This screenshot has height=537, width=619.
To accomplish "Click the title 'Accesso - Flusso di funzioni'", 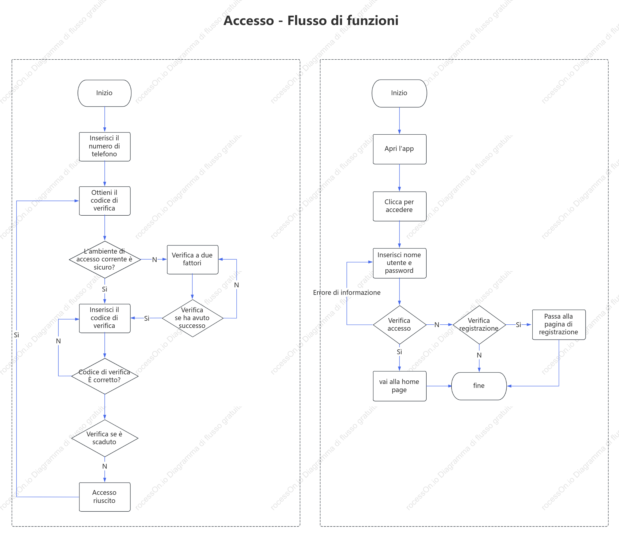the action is [311, 20].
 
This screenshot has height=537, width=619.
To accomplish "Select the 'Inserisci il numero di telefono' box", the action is [104, 147].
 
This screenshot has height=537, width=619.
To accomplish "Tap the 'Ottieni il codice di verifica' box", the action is [104, 201].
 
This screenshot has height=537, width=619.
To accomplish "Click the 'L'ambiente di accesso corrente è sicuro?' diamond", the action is [105, 259].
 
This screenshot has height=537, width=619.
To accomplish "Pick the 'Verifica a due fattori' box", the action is [192, 259].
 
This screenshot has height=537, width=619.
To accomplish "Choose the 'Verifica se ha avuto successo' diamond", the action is [192, 318].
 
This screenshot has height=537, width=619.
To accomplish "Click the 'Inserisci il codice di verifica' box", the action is [104, 318].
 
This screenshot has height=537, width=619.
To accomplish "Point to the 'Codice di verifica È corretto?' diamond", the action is [105, 376].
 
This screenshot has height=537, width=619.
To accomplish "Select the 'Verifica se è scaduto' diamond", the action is [105, 438].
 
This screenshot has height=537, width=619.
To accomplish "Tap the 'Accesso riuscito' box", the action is [104, 497].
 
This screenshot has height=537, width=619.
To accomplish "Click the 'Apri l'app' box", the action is [400, 149].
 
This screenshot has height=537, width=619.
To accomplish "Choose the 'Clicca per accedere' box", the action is [400, 206].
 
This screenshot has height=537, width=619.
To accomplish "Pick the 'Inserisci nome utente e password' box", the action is [400, 263].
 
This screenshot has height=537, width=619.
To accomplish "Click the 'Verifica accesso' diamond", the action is [400, 325].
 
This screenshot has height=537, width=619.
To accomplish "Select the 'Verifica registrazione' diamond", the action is [479, 325].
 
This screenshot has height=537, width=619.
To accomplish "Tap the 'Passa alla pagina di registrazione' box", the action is [559, 325].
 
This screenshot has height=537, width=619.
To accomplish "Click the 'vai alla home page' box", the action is [400, 386].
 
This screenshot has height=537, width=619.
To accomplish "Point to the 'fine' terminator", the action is [479, 386].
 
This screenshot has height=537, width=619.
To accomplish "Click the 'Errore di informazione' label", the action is [347, 292].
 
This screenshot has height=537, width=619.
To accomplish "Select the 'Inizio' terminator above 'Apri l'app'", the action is [399, 93].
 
